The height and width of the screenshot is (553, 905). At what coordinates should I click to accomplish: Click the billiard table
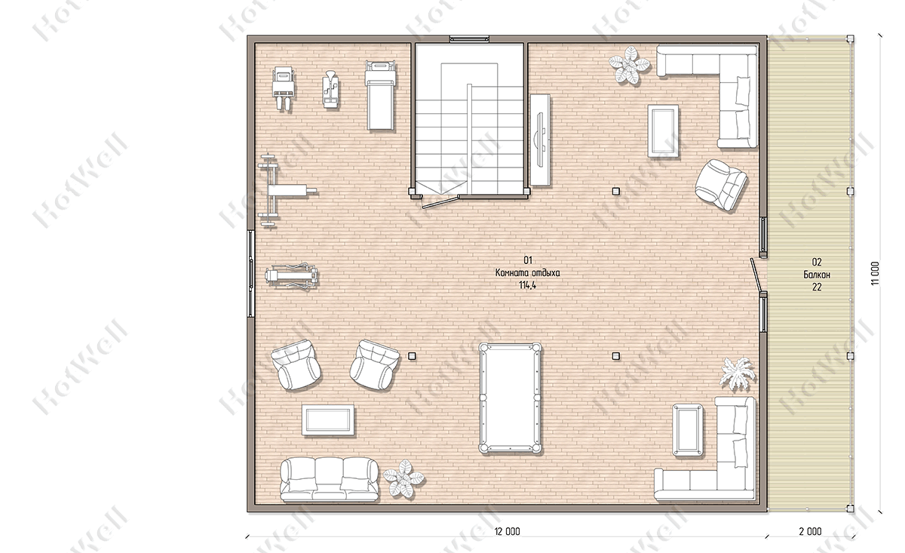point(511,398)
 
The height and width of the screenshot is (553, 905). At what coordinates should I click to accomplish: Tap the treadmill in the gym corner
point(380,95)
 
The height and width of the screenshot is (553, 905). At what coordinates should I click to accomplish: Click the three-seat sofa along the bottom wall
point(330,480)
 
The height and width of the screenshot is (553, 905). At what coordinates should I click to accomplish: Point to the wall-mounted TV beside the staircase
point(540,140)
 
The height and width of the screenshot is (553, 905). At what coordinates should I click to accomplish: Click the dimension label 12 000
point(507,531)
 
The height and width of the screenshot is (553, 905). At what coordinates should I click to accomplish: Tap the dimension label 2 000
point(810,531)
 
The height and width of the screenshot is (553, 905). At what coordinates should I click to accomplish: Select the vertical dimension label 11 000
point(875,274)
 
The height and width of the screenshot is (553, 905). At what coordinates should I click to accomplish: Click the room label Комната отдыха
point(528,273)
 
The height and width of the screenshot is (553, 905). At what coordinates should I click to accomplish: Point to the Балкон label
point(817,275)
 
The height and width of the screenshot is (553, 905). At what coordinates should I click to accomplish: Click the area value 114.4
point(528,285)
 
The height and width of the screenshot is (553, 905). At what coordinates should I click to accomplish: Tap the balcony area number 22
point(817,287)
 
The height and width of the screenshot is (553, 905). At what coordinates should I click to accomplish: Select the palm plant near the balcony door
point(738,374)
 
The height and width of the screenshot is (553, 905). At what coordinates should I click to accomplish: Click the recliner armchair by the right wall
point(721,185)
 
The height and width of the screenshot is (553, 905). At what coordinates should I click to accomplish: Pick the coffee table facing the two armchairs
point(328,420)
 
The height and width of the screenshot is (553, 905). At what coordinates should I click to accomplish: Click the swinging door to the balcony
point(756,275)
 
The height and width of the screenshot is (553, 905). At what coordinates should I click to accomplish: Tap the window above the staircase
point(469,39)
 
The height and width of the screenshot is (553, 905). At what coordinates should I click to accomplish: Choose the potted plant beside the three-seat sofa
point(403,478)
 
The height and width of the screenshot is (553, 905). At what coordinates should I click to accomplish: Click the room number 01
point(528,260)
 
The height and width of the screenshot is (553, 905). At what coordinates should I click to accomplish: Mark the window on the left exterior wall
point(251,274)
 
